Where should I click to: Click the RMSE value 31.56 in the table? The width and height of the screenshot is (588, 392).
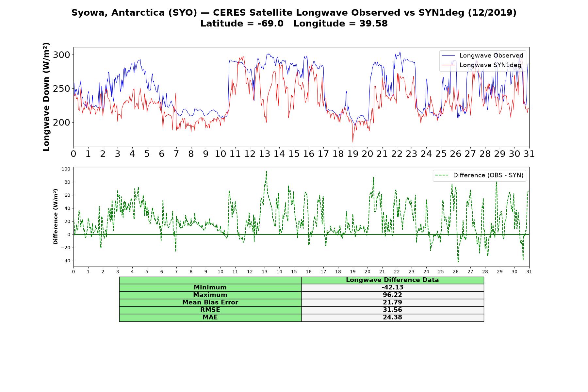pyautogui.click(x=392, y=310)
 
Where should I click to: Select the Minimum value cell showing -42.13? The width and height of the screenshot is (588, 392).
pyautogui.click(x=392, y=287)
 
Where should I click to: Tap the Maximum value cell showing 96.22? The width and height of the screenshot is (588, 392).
pyautogui.click(x=392, y=295)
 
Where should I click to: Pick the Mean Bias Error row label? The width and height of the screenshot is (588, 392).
pyautogui.click(x=210, y=302)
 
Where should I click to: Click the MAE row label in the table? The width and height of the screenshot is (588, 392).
pyautogui.click(x=210, y=318)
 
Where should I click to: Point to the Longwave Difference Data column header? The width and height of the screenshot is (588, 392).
pyautogui.click(x=392, y=280)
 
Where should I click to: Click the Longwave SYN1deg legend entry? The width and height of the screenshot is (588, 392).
pyautogui.click(x=482, y=65)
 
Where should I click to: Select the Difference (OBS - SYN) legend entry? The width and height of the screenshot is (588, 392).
pyautogui.click(x=479, y=175)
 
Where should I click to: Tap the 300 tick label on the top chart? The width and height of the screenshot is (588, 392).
pyautogui.click(x=61, y=55)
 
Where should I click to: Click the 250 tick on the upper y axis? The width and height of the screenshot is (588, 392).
pyautogui.click(x=61, y=89)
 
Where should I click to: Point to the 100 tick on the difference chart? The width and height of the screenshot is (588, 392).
pyautogui.click(x=66, y=169)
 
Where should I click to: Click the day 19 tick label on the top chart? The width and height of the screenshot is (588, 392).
pyautogui.click(x=353, y=154)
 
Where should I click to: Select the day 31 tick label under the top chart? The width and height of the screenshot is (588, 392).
pyautogui.click(x=529, y=154)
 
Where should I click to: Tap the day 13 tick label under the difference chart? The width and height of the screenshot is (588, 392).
pyautogui.click(x=265, y=272)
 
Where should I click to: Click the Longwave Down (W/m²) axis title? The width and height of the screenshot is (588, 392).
pyautogui.click(x=46, y=97)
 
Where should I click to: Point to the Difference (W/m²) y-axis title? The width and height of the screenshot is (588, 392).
pyautogui.click(x=56, y=217)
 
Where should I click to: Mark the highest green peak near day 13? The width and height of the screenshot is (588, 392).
pyautogui.click(x=266, y=171)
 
